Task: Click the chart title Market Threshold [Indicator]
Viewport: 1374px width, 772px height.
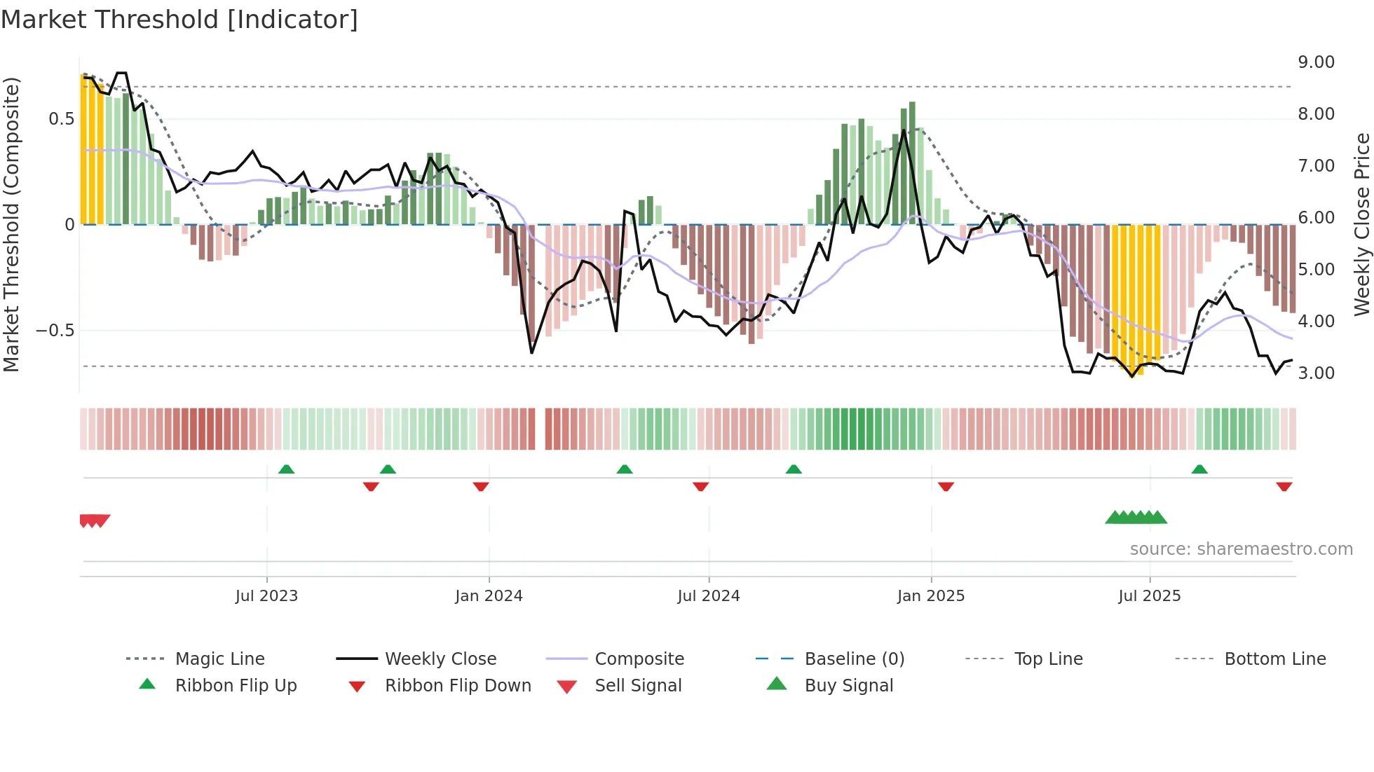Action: [x=179, y=20]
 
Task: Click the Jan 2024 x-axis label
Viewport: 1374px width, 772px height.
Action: [x=489, y=596]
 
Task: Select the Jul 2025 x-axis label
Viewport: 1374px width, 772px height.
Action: [x=1149, y=596]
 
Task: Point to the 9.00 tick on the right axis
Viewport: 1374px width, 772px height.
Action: [x=1316, y=62]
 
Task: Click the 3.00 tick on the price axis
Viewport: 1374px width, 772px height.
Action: [x=1316, y=373]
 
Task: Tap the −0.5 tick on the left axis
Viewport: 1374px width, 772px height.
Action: [x=55, y=331]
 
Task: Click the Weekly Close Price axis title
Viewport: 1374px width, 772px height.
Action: [x=1361, y=224]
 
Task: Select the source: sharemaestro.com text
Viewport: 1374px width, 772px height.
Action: [x=1241, y=549]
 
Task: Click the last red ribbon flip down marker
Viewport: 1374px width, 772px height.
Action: [x=1284, y=487]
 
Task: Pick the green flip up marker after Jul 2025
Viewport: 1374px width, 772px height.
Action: [x=1199, y=469]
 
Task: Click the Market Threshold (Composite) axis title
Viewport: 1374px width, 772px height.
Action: [x=11, y=224]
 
